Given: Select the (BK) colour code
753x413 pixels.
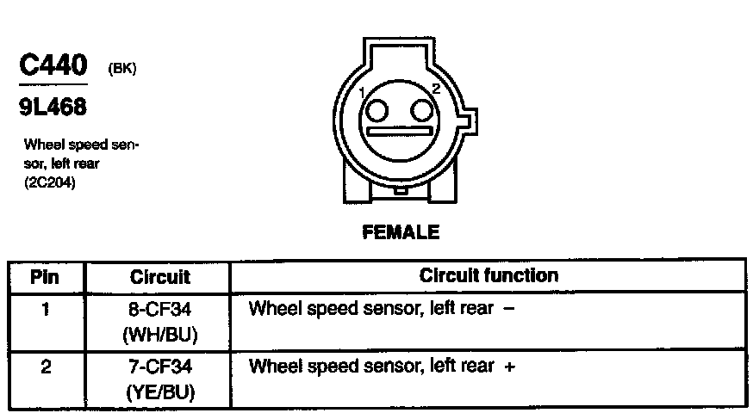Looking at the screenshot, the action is click(121, 70).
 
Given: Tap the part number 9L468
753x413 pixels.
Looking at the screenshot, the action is click(52, 108).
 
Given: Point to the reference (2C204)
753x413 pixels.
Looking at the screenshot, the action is click(50, 182).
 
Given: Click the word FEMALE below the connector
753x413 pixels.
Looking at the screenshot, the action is click(399, 231).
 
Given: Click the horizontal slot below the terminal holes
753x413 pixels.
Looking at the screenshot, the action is click(399, 133).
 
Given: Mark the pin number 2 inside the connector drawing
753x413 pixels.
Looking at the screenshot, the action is click(436, 89).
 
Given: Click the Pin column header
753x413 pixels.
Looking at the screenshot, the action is click(45, 277).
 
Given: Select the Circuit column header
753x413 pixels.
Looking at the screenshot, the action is click(159, 277).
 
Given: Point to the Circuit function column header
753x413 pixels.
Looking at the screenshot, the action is click(489, 276).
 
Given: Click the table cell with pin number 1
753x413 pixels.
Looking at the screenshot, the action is click(45, 309).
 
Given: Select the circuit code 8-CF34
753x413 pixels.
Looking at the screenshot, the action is click(159, 309).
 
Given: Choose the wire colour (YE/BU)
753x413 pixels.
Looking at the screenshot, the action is click(159, 392).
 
